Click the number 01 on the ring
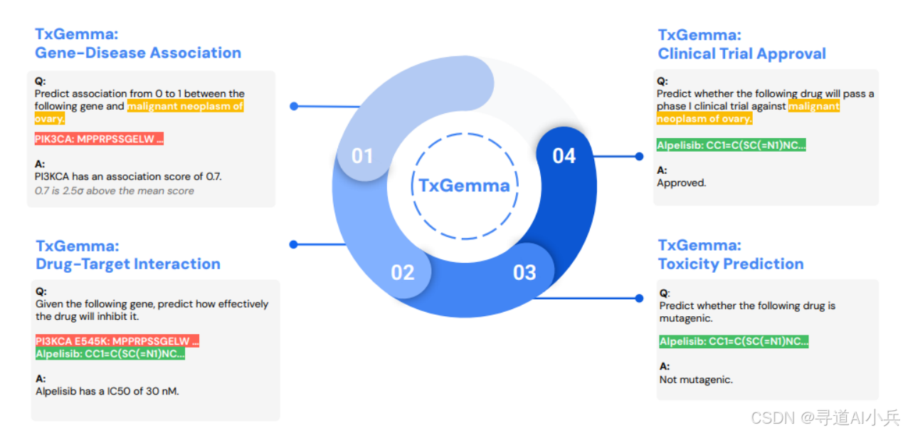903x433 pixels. [x=362, y=155]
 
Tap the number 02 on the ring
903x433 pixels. [x=402, y=272]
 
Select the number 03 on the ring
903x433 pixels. [x=524, y=272]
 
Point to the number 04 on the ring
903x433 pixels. [x=564, y=155]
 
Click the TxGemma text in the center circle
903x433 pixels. [x=464, y=186]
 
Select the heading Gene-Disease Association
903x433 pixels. [x=138, y=53]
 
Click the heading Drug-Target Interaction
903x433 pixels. [x=128, y=264]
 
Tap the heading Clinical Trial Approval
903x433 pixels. [x=741, y=53]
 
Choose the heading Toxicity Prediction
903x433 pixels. [x=730, y=264]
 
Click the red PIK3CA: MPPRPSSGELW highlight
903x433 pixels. [x=99, y=140]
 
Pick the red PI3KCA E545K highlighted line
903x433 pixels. [x=117, y=341]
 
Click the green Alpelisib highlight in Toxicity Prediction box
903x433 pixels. [x=734, y=342]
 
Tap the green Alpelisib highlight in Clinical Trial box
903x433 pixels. [x=731, y=145]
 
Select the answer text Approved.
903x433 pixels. [x=681, y=183]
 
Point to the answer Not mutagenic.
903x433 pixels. [x=695, y=380]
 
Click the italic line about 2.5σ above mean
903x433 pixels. [x=114, y=190]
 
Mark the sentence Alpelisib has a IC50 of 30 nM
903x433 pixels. [x=107, y=390]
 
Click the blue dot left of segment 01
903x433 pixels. [x=294, y=106]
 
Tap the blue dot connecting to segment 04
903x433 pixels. [x=638, y=156]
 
